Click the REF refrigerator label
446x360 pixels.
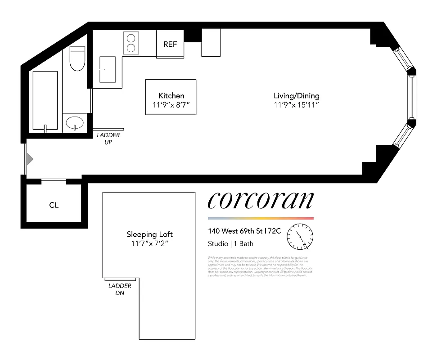coord(170,44)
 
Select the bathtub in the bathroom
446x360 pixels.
coord(45,101)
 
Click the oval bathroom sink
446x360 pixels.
coord(74,122)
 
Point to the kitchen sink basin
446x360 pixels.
coord(107,70)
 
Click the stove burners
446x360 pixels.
coord(131,43)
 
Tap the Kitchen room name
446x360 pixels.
coord(171,96)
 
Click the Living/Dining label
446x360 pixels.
coord(297,96)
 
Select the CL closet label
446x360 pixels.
coord(54,205)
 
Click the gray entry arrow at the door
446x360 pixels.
coord(30,159)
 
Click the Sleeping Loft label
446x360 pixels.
coord(149,234)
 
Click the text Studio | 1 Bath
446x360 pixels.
coord(230,244)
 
